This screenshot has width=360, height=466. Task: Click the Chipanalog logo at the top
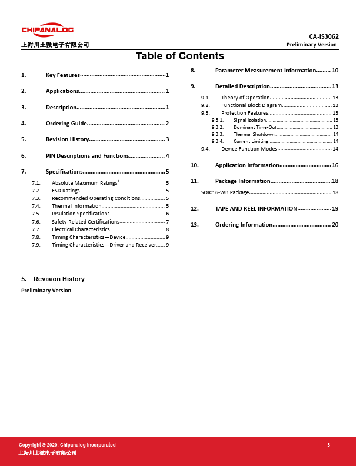(48, 30)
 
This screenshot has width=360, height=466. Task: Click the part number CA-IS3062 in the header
(324, 36)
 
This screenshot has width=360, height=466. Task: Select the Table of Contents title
(179, 56)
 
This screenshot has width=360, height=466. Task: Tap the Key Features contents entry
(62, 75)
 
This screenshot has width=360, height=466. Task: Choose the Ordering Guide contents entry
(66, 124)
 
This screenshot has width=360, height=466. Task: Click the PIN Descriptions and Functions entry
(87, 156)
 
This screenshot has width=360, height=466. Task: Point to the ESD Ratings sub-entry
(65, 191)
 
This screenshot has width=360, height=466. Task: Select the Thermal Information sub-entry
(76, 206)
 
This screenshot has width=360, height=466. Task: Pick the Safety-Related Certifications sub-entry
(85, 221)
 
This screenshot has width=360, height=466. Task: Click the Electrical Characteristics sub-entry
(81, 229)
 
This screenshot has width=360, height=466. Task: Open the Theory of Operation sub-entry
(245, 98)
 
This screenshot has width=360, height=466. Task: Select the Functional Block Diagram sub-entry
(252, 105)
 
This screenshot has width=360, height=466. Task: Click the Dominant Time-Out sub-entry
(255, 127)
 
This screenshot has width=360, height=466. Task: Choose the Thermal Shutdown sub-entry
(254, 134)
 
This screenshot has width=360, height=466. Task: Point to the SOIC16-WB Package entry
(225, 192)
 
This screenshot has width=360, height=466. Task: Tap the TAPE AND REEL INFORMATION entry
(256, 209)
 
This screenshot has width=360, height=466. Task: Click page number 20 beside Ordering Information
(335, 225)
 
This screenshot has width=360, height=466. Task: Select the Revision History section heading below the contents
(59, 279)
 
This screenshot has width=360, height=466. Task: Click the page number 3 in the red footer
(329, 445)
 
